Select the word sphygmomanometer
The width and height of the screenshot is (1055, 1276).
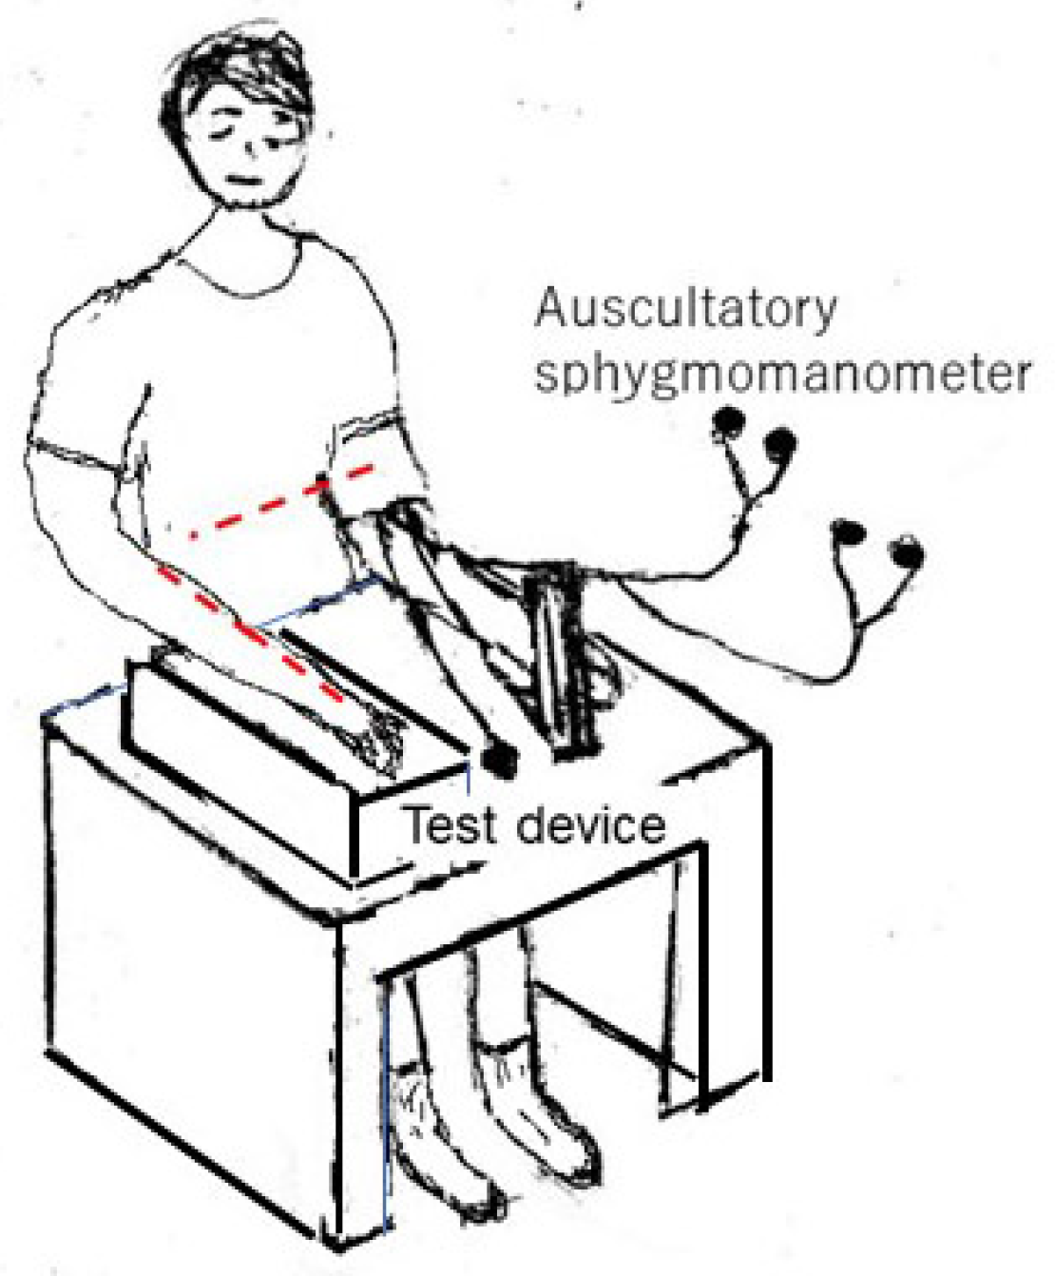point(781,374)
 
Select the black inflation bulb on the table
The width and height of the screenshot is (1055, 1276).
point(497,758)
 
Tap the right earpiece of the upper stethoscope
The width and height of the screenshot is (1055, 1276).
point(779,441)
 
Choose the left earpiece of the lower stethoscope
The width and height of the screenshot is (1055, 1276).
point(846,531)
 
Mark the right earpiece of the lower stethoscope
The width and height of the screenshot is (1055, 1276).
point(906,551)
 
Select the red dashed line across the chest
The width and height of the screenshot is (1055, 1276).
point(285,501)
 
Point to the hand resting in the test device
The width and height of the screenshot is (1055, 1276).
point(380,742)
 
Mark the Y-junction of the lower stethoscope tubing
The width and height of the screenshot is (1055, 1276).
point(860,623)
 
